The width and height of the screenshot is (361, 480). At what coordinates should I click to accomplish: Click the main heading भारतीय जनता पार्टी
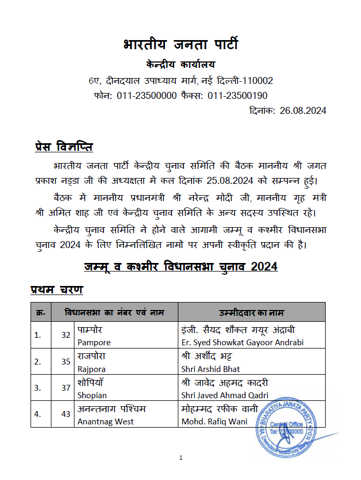click(180, 44)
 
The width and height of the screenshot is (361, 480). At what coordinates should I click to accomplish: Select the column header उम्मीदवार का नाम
click(251, 312)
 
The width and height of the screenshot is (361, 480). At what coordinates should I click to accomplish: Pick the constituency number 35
click(66, 361)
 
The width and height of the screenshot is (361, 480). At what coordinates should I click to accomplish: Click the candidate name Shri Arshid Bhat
click(210, 369)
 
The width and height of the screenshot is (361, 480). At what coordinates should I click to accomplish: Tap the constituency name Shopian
click(92, 396)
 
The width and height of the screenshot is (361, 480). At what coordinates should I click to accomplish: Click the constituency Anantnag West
click(105, 422)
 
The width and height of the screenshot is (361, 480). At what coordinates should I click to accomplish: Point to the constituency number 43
click(66, 414)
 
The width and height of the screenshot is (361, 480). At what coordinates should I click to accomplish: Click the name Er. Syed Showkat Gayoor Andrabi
click(242, 342)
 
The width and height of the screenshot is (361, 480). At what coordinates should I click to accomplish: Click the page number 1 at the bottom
click(181, 458)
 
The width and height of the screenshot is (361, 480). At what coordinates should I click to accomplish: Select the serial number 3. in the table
click(38, 388)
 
